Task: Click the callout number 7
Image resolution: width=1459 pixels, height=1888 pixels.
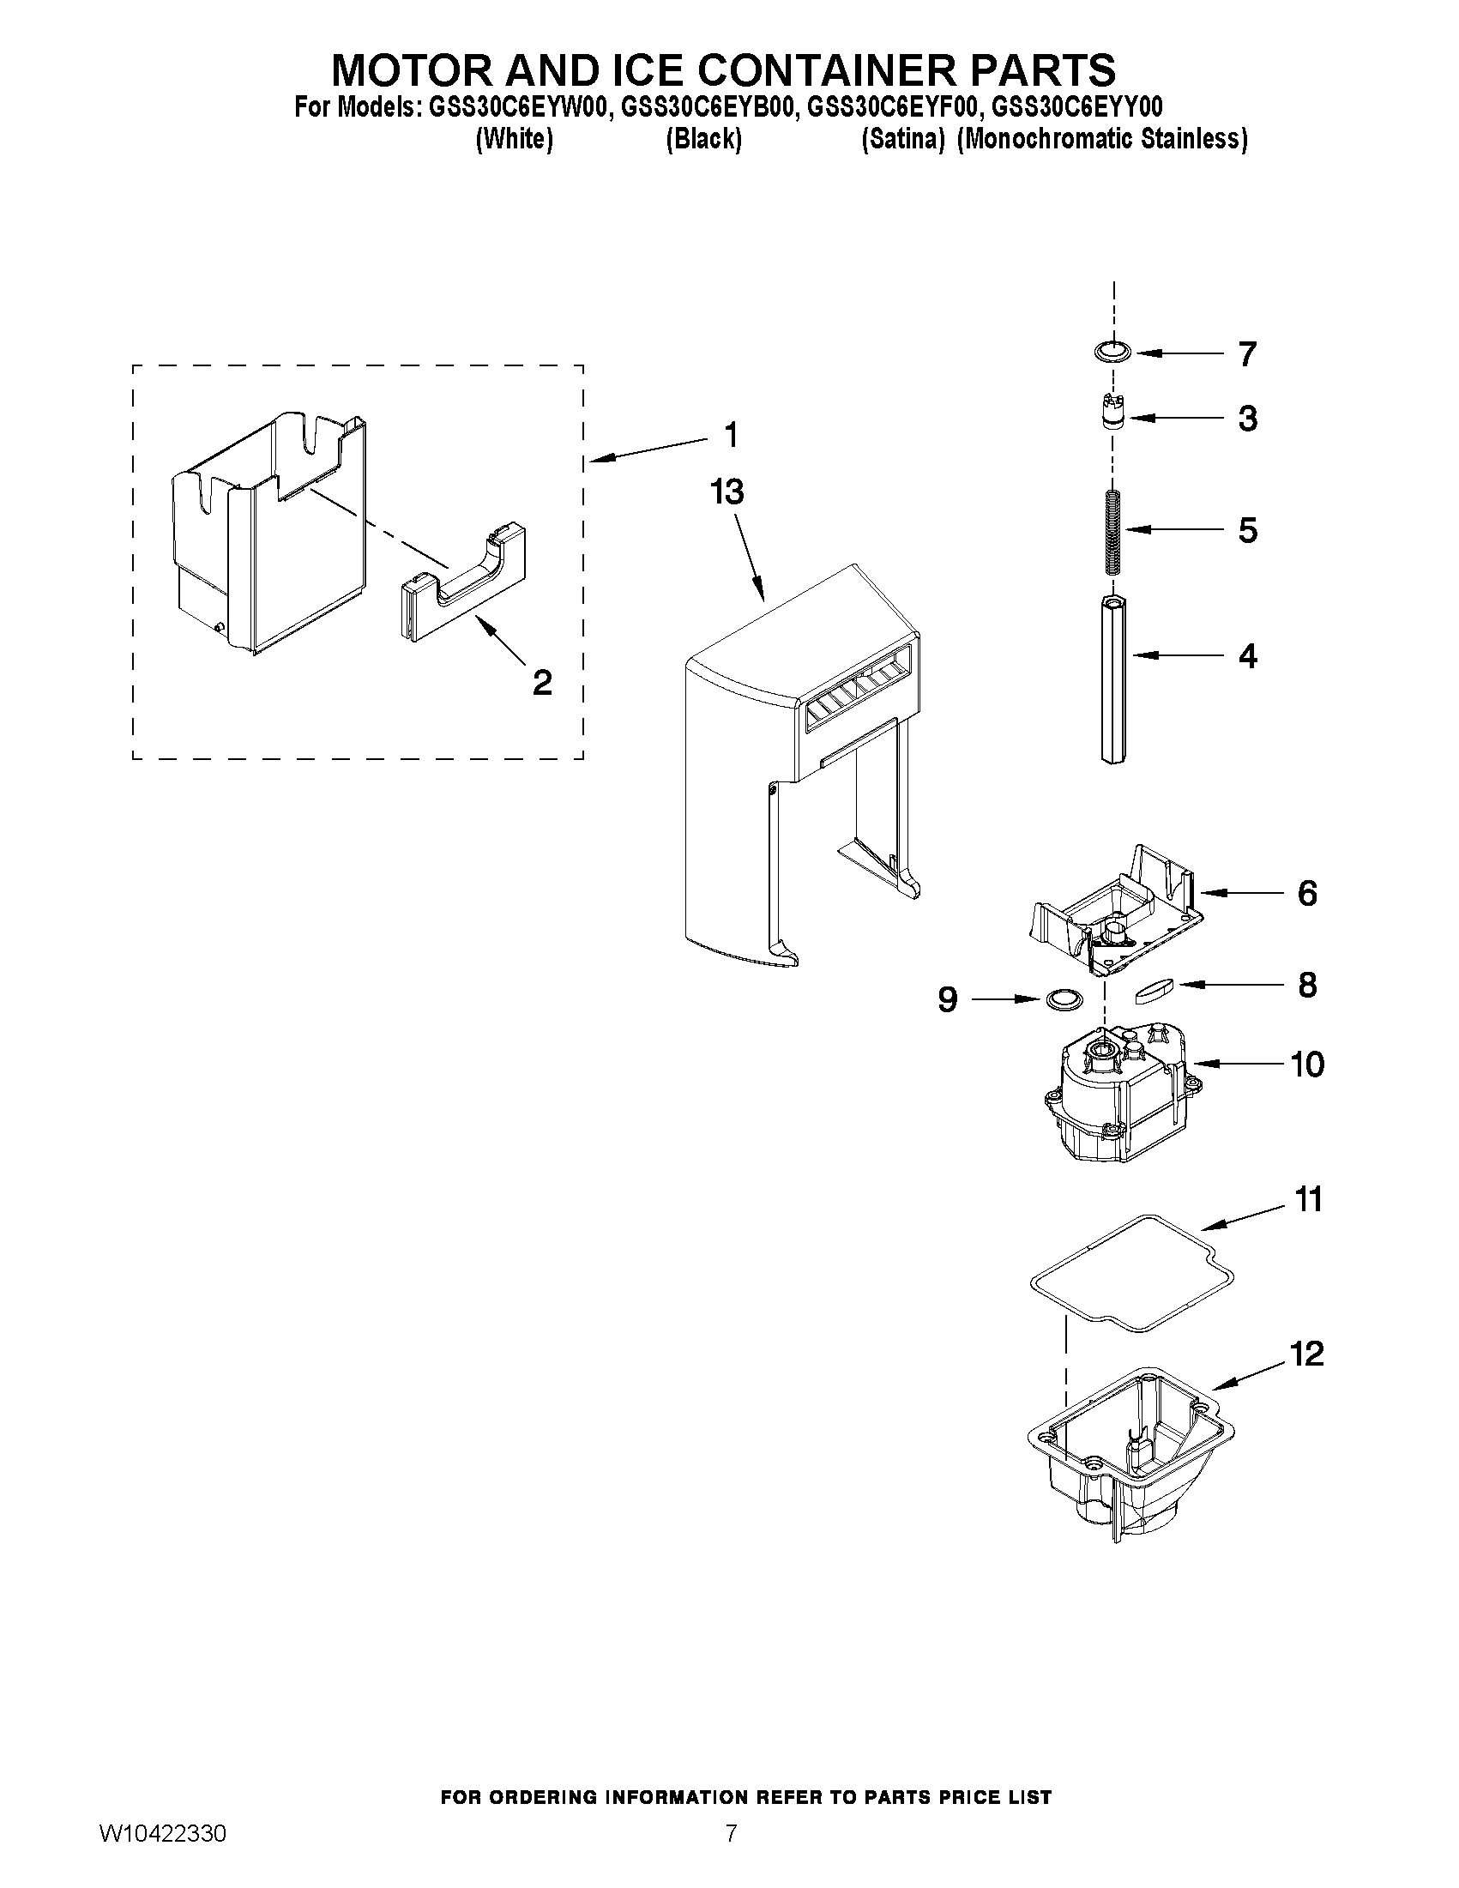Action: pyautogui.click(x=1246, y=353)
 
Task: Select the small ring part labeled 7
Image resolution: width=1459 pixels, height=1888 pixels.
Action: pyautogui.click(x=1112, y=352)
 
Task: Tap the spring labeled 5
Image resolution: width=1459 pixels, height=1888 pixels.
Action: pyautogui.click(x=1112, y=530)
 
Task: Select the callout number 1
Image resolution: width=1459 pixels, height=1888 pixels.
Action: pyautogui.click(x=732, y=435)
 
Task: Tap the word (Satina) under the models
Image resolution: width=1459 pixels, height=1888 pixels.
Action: pyautogui.click(x=902, y=139)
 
